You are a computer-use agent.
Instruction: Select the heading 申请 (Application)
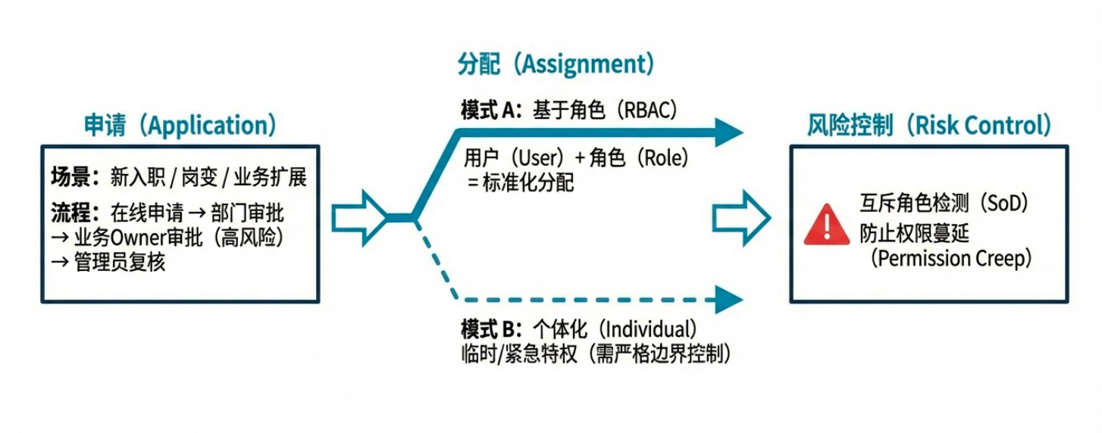coord(180,125)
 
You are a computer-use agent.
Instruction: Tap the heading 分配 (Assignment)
coord(556,64)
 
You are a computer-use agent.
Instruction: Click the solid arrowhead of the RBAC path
coord(728,132)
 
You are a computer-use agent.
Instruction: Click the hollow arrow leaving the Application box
coord(362,217)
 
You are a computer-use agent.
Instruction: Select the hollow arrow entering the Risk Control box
coord(741,217)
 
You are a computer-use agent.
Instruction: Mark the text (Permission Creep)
coord(951,258)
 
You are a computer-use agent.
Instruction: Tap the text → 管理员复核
coord(108,263)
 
